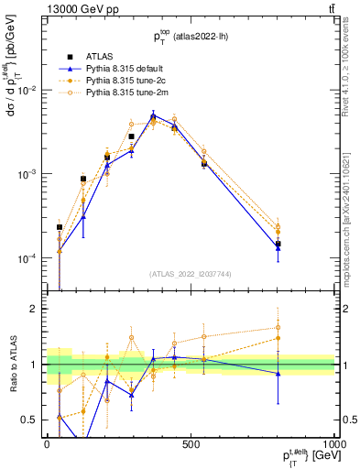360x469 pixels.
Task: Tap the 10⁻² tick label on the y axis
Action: click(x=27, y=90)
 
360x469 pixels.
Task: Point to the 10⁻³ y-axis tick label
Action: click(x=27, y=174)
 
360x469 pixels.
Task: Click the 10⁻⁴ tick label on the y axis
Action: click(x=27, y=258)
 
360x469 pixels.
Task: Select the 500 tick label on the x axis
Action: click(x=191, y=444)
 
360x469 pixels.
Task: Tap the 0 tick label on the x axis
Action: click(x=46, y=444)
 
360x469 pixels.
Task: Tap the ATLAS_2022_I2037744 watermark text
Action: click(x=191, y=274)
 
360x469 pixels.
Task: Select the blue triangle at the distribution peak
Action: click(x=154, y=115)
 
